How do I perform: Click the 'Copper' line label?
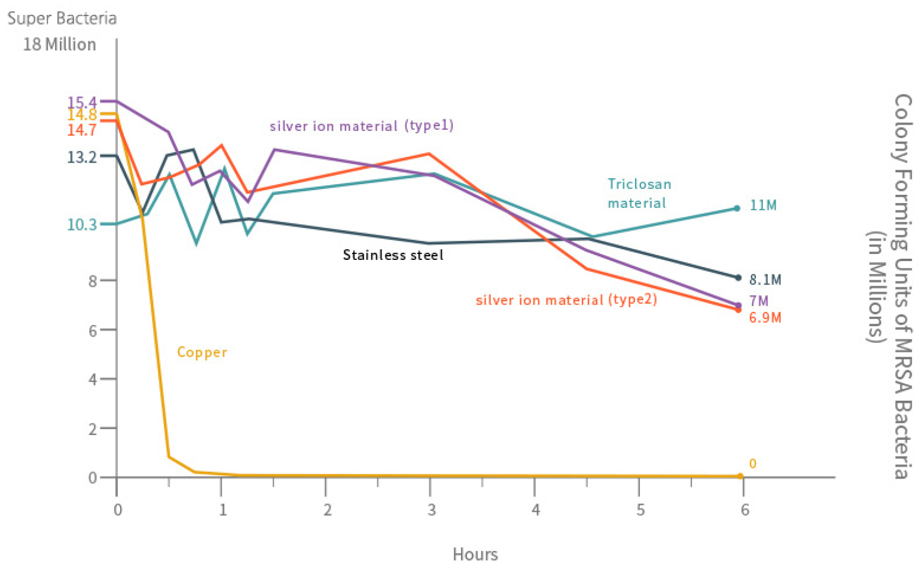(x=202, y=353)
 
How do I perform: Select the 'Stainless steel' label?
(x=393, y=255)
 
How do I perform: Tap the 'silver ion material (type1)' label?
(x=361, y=126)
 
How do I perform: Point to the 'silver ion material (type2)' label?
(x=566, y=300)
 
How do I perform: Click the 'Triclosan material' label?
(x=639, y=194)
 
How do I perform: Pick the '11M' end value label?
(x=763, y=206)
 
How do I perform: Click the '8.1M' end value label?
(x=765, y=280)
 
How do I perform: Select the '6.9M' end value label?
(x=765, y=318)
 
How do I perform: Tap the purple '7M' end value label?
(x=758, y=301)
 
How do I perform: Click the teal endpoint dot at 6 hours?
(x=737, y=208)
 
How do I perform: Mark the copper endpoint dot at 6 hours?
(x=740, y=476)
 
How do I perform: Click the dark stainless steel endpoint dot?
(x=738, y=278)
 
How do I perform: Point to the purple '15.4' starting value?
(x=82, y=103)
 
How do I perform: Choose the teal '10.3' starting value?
(x=82, y=225)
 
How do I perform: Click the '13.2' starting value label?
(x=82, y=157)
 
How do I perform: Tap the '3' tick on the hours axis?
(x=431, y=510)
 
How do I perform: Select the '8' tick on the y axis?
(x=93, y=281)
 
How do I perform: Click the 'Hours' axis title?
(x=475, y=554)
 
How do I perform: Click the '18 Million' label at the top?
(x=59, y=45)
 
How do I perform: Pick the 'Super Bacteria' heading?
(x=62, y=19)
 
